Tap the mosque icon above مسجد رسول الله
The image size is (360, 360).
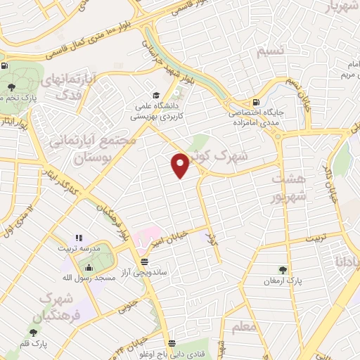(x=89, y=267)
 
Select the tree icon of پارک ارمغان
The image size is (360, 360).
(x=283, y=269)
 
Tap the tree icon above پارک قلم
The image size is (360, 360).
(x=33, y=332)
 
